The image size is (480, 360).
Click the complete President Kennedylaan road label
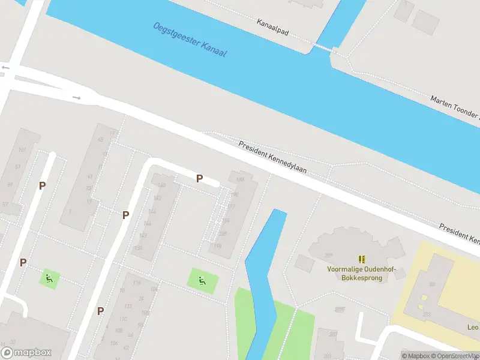(x=272, y=157)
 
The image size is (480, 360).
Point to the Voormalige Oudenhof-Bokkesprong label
(x=358, y=274)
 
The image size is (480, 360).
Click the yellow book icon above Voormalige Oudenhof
(x=362, y=259)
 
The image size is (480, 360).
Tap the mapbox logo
(x=26, y=353)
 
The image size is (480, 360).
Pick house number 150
(x=139, y=248)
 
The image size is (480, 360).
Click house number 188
(x=241, y=179)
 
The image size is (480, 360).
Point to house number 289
(x=328, y=256)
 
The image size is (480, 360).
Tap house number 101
(x=22, y=149)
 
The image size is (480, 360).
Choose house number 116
(x=137, y=283)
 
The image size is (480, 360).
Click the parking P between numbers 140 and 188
(x=199, y=178)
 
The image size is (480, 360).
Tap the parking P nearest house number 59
(x=42, y=186)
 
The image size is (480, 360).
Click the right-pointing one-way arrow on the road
(x=76, y=97)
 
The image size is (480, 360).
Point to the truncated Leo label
(x=473, y=328)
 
